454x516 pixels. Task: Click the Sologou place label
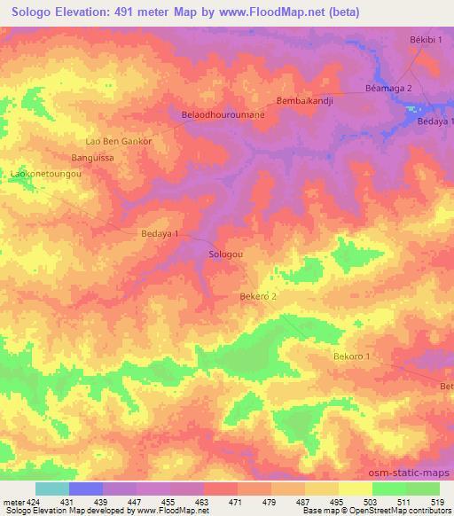(x=225, y=254)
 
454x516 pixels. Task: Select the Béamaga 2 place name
(x=388, y=89)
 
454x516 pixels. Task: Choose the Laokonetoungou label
(x=46, y=175)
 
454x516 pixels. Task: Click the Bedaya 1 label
(x=160, y=234)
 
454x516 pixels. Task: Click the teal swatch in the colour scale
(x=51, y=489)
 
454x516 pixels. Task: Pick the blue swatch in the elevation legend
(x=86, y=489)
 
